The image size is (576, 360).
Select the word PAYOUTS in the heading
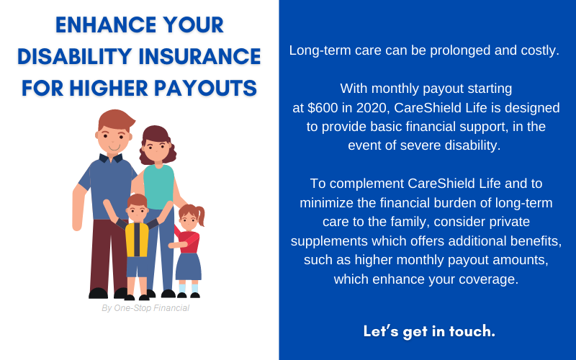tap(209, 88)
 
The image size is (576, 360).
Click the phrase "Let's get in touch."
tap(428, 332)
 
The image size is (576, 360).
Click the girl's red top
tap(189, 241)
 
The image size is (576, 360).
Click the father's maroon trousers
tap(108, 252)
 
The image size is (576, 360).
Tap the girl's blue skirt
tap(189, 266)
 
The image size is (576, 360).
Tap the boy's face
tap(137, 212)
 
